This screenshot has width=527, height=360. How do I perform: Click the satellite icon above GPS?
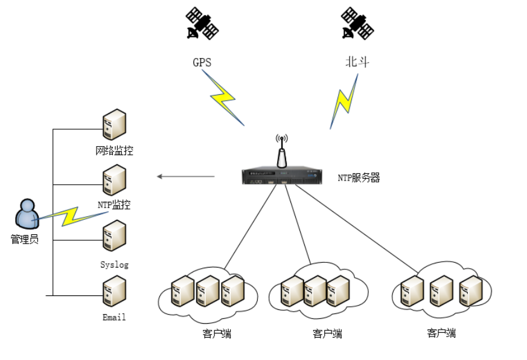coord(202,24)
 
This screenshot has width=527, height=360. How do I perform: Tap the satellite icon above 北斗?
coord(357,24)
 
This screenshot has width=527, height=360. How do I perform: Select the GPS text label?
coord(202,62)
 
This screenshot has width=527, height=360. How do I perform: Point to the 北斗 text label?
coord(357,62)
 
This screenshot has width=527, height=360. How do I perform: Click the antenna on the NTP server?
coord(281,152)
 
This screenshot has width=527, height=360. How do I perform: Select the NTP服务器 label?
coord(359,178)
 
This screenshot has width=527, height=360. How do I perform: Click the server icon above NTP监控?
coord(113,181)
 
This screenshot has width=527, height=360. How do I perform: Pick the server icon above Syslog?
coord(113,236)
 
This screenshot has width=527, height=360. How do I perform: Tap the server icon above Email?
coord(113,291)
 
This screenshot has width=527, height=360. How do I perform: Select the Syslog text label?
coord(114,265)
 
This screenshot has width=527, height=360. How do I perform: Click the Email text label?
coord(114,317)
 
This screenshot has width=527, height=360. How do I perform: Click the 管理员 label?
coord(25,239)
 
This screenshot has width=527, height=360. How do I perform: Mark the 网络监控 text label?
coord(114,150)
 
